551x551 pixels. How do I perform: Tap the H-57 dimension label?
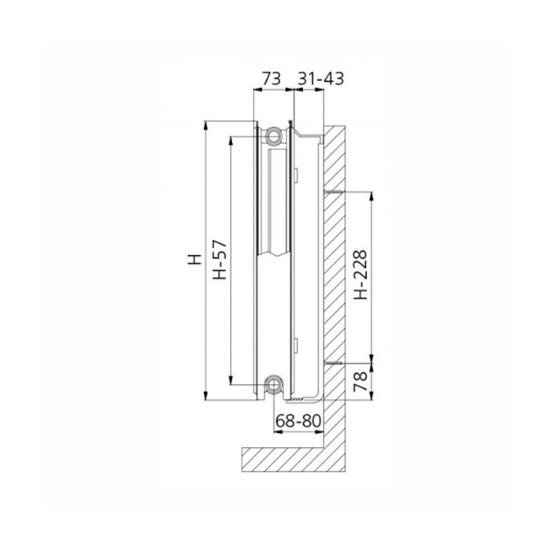221,261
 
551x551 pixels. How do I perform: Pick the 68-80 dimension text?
298,421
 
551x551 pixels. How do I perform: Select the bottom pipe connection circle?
273,384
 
